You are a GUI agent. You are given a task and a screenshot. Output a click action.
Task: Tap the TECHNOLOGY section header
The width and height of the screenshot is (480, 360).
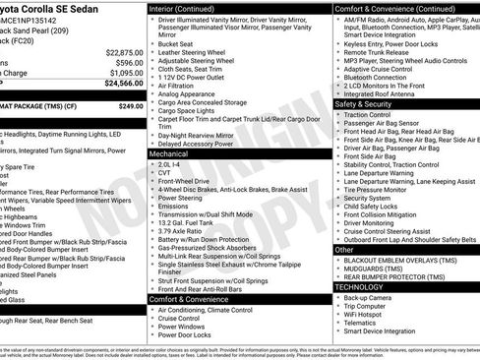pyautogui.click(x=366, y=286)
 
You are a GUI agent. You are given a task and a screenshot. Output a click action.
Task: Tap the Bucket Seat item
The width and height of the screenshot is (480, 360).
pyautogui.click(x=175, y=43)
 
